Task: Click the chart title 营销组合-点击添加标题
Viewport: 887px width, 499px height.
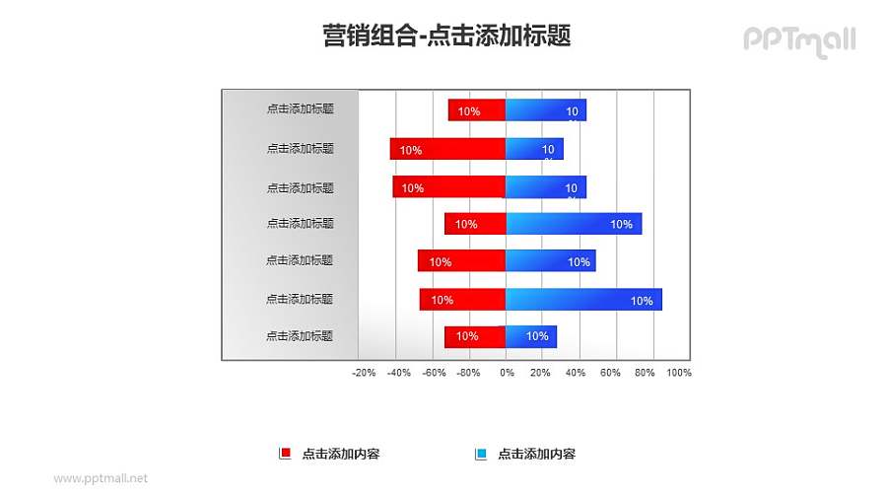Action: point(446,36)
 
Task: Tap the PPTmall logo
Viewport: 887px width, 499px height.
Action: point(799,40)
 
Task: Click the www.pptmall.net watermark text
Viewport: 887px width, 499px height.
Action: point(101,478)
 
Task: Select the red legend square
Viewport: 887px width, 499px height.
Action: point(286,454)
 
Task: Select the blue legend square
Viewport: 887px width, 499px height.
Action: point(481,454)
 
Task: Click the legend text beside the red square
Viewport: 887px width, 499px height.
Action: point(341,455)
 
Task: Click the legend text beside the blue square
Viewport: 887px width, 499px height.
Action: point(536,455)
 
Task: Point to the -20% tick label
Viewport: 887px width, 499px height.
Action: point(364,373)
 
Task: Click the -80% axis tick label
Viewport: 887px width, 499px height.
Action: point(469,373)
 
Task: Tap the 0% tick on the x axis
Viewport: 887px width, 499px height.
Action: point(507,373)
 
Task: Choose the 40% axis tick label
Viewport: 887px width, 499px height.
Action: point(575,373)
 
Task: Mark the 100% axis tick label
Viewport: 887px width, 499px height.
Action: point(679,373)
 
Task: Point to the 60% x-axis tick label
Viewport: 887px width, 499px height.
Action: point(610,373)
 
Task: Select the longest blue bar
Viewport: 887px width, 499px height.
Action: point(583,299)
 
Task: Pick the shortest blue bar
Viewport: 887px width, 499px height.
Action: point(531,336)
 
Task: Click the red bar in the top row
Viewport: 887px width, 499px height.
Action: point(477,110)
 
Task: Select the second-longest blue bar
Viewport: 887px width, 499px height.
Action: point(574,224)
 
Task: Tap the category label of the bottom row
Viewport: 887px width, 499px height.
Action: point(300,336)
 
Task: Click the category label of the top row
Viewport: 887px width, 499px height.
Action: point(300,109)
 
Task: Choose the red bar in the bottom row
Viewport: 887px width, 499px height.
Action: point(475,336)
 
